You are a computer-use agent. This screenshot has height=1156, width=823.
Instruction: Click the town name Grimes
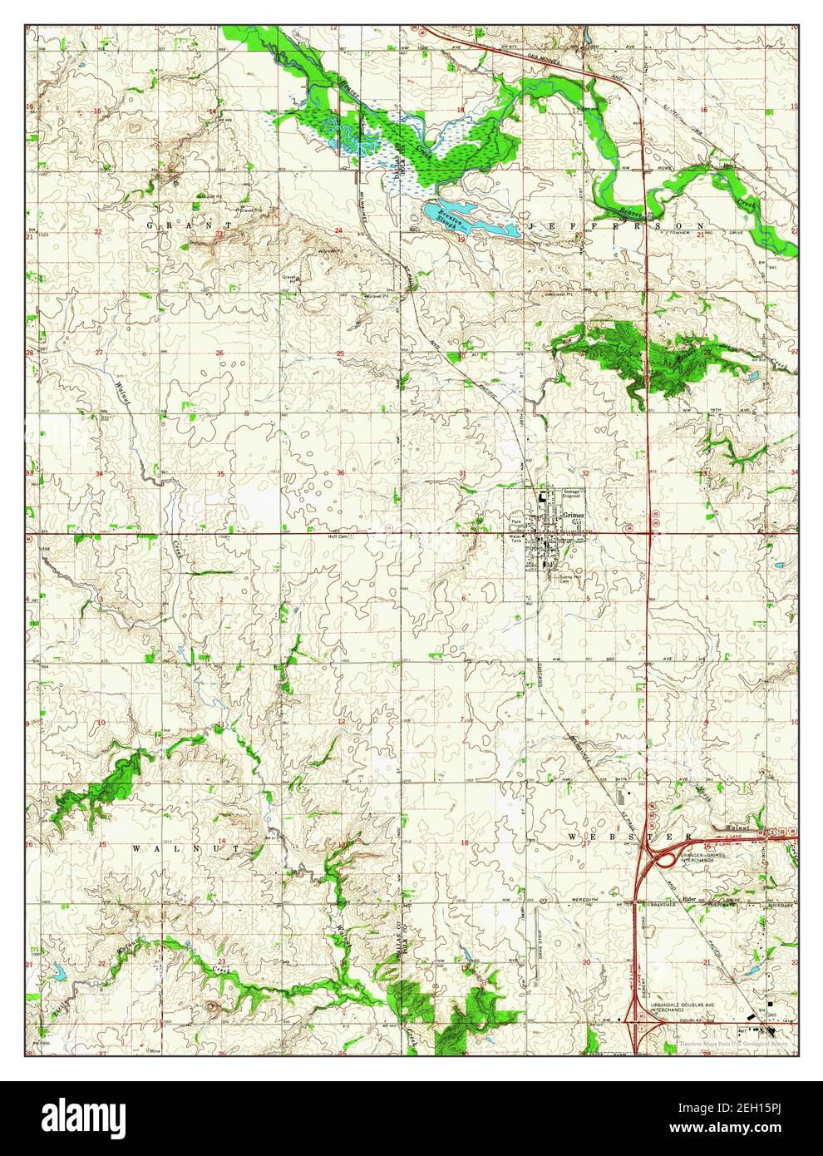(x=574, y=516)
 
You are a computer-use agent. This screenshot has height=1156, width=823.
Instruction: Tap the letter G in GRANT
(x=150, y=225)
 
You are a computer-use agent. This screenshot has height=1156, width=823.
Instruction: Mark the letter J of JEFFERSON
(x=526, y=225)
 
